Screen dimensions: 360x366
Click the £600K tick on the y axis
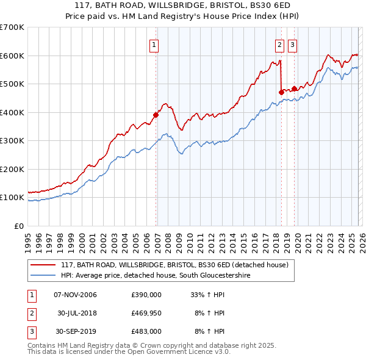(12, 56)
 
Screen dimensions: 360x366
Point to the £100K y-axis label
(12, 198)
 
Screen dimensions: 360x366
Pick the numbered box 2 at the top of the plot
(279, 45)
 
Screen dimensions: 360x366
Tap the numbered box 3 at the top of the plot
(292, 45)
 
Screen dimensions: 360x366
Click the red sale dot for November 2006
(156, 115)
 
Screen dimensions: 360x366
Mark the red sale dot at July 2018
(281, 92)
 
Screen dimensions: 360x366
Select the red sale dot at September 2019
(294, 88)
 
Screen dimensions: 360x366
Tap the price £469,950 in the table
(146, 313)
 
